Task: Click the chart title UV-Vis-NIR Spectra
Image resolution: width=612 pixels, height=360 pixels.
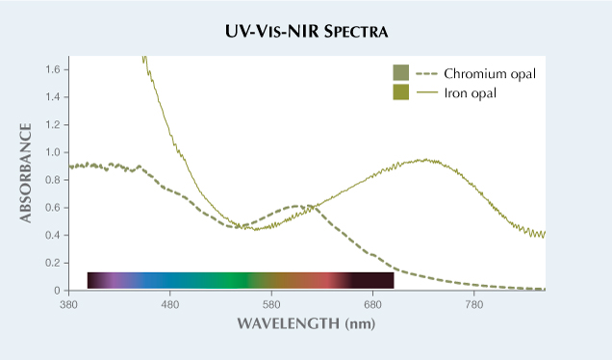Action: tap(306, 33)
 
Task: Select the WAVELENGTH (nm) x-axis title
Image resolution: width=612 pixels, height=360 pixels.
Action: tap(306, 322)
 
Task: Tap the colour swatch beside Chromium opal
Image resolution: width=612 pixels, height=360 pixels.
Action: tap(400, 73)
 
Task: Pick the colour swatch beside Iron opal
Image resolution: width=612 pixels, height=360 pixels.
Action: tap(400, 92)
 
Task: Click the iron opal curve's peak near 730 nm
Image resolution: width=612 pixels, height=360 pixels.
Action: tap(423, 160)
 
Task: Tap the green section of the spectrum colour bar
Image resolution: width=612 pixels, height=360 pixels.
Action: tap(223, 280)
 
